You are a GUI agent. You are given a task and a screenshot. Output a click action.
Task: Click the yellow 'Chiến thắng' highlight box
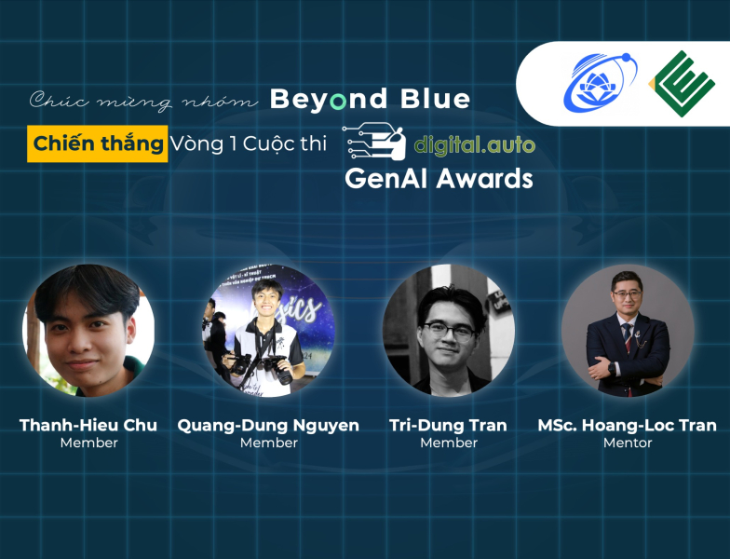coord(97,143)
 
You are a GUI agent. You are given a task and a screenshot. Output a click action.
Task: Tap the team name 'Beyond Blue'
coord(370,100)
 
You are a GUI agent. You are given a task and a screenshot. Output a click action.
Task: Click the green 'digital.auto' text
coord(475,145)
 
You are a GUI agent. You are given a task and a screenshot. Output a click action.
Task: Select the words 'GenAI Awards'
coord(439,179)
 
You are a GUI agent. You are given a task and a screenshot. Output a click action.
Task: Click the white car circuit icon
coord(374,142)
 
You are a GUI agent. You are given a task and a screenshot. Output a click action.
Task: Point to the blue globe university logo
coord(600,83)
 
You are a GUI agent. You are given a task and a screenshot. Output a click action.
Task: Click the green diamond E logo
coord(682,84)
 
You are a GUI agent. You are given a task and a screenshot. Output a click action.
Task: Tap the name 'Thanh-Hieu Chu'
coord(88,425)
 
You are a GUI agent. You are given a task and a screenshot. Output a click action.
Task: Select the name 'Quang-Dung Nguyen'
coord(268,426)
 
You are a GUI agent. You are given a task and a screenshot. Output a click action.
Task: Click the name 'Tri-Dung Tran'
coord(448,425)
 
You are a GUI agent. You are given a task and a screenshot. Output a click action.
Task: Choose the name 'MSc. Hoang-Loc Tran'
coord(628,425)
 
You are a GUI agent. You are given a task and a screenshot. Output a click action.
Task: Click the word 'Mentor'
coord(628,443)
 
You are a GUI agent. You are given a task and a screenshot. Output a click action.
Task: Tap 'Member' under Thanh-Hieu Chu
coord(89,443)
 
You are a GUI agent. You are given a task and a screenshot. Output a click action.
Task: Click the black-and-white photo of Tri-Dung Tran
coord(449,330)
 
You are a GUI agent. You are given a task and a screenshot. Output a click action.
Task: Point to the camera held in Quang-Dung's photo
coord(278,367)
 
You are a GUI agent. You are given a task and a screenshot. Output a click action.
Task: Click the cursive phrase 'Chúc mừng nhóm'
coord(143,101)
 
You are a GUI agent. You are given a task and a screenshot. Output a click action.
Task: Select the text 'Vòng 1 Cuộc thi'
coord(248,143)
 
